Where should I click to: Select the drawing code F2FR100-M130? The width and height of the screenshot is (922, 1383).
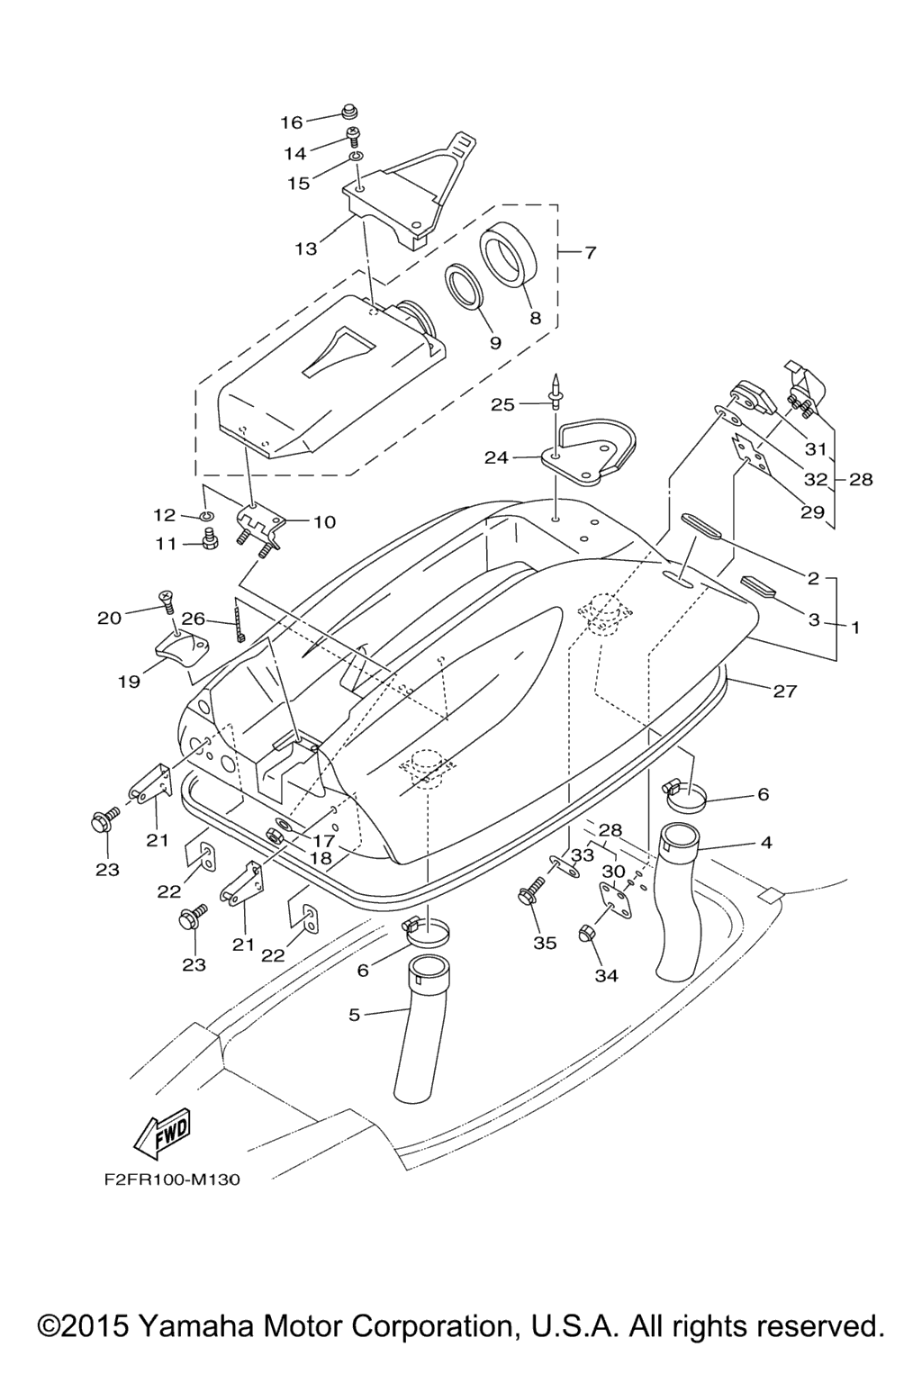(165, 1180)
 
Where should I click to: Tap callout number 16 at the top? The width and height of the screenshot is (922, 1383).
(292, 122)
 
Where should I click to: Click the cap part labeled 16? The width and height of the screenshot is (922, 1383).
(349, 113)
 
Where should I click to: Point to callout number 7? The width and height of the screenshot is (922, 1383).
(590, 253)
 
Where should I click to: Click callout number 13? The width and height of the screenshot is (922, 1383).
(306, 249)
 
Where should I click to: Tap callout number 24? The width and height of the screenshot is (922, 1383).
(496, 457)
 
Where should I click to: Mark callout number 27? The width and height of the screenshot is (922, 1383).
(785, 691)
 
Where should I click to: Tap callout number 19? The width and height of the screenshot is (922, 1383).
(129, 682)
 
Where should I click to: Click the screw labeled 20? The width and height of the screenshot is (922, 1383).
(167, 599)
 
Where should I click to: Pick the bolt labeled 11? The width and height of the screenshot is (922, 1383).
(212, 544)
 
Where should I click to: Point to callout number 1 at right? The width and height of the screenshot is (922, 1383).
(854, 628)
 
